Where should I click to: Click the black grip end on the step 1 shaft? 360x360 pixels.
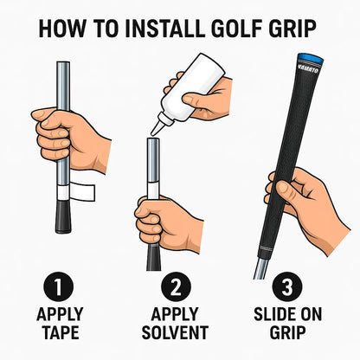pyautogui.click(x=62, y=217)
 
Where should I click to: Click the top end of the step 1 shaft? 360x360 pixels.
pyautogui.click(x=62, y=65)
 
